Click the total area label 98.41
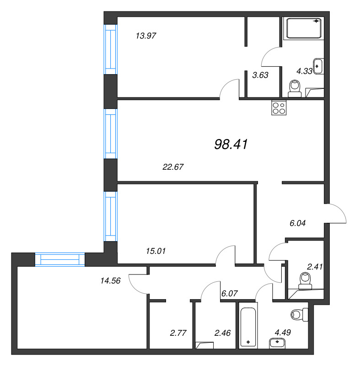tap(231, 144)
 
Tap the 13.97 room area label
tap(146, 36)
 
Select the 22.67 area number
tap(173, 167)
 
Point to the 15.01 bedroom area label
tap(156, 251)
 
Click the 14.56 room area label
tap(110, 280)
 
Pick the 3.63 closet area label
tap(260, 75)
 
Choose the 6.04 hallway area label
tap(297, 223)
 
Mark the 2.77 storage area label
tap(178, 333)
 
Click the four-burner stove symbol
tap(279, 108)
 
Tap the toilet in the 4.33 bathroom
tap(295, 89)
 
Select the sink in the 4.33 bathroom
tap(318, 66)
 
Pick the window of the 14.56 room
tap(60, 259)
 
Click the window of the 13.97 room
tap(110, 49)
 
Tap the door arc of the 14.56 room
tap(134, 286)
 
